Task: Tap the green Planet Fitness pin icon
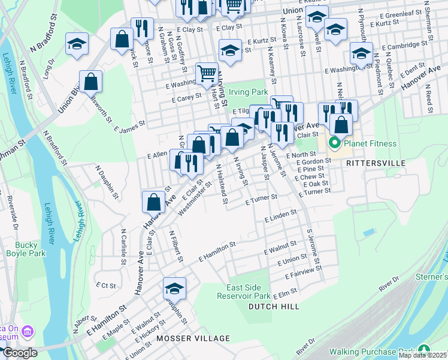[x=335, y=143]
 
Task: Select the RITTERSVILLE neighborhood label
[x=380, y=163]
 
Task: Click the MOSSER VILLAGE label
[x=193, y=338]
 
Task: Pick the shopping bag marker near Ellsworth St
[x=90, y=82]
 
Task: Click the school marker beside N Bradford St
[x=77, y=44]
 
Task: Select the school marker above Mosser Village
[x=174, y=290]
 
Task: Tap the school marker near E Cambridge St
[x=361, y=54]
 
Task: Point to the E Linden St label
[x=281, y=214]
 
